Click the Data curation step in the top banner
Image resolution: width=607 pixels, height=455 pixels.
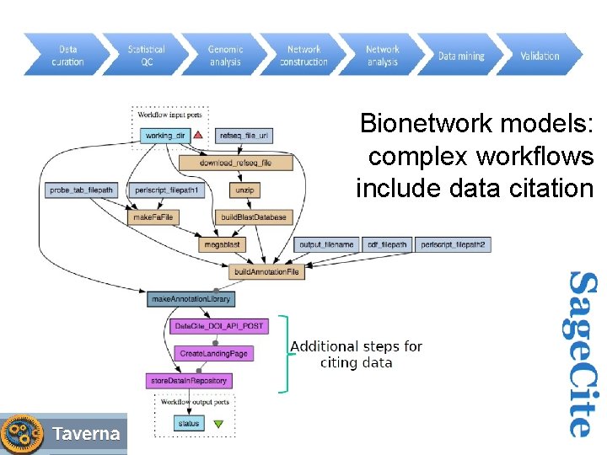point(67,56)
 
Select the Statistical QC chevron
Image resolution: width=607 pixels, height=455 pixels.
point(146,56)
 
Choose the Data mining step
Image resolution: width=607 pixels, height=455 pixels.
point(460,56)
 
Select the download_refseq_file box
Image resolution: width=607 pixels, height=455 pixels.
point(235,163)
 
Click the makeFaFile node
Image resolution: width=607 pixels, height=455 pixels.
point(153,217)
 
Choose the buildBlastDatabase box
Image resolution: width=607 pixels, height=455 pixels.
point(254,217)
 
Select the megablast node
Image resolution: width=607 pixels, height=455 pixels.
point(222,244)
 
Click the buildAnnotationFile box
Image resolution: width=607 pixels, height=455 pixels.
point(266,272)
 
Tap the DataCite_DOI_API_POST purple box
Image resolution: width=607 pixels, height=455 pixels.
point(218,326)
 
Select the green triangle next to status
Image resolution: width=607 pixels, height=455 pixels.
point(218,424)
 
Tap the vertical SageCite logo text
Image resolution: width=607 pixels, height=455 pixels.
point(581,353)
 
